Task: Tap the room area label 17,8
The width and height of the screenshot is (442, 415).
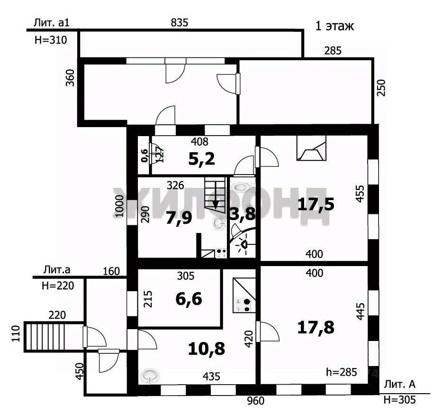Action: point(316,327)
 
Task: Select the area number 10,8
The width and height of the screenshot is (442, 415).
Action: point(207,349)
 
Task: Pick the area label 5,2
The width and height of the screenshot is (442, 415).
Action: point(202,158)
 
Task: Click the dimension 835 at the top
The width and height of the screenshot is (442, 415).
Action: point(180,22)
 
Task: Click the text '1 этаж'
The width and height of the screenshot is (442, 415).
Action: point(334,26)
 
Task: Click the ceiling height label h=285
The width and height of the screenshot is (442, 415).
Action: point(342,372)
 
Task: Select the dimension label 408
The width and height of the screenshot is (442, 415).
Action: point(199,141)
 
